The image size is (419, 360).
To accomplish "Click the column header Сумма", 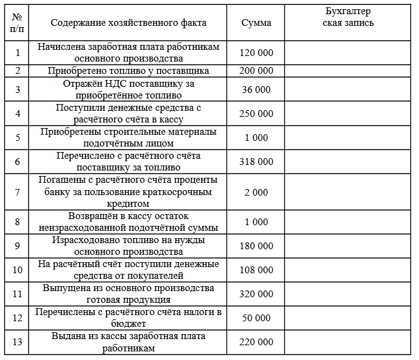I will click(x=256, y=23).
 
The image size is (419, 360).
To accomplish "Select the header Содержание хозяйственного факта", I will click(x=129, y=23).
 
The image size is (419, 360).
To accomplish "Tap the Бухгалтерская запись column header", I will click(x=348, y=17).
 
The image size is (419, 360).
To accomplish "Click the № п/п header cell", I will click(x=17, y=23).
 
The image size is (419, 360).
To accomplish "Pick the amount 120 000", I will click(x=256, y=53).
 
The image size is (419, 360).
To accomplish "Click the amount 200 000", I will click(x=256, y=71).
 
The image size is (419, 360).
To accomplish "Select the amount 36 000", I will click(x=256, y=90).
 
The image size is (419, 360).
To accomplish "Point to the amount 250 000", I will click(x=256, y=114).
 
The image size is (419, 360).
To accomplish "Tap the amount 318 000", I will click(x=256, y=162).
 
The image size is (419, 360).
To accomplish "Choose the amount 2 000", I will click(x=256, y=192).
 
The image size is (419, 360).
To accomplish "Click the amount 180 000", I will click(x=256, y=246).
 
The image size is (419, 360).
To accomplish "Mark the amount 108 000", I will click(x=256, y=270).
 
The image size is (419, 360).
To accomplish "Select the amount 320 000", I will click(x=256, y=294).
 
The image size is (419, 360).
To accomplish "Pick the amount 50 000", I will click(x=256, y=318).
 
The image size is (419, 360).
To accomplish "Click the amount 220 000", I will click(x=256, y=342).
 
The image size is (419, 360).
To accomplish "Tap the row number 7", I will click(x=17, y=192).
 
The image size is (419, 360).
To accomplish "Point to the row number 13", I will click(x=17, y=342).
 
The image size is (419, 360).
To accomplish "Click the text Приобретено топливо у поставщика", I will click(x=129, y=71).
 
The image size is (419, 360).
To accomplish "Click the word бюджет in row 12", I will click(x=129, y=323).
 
